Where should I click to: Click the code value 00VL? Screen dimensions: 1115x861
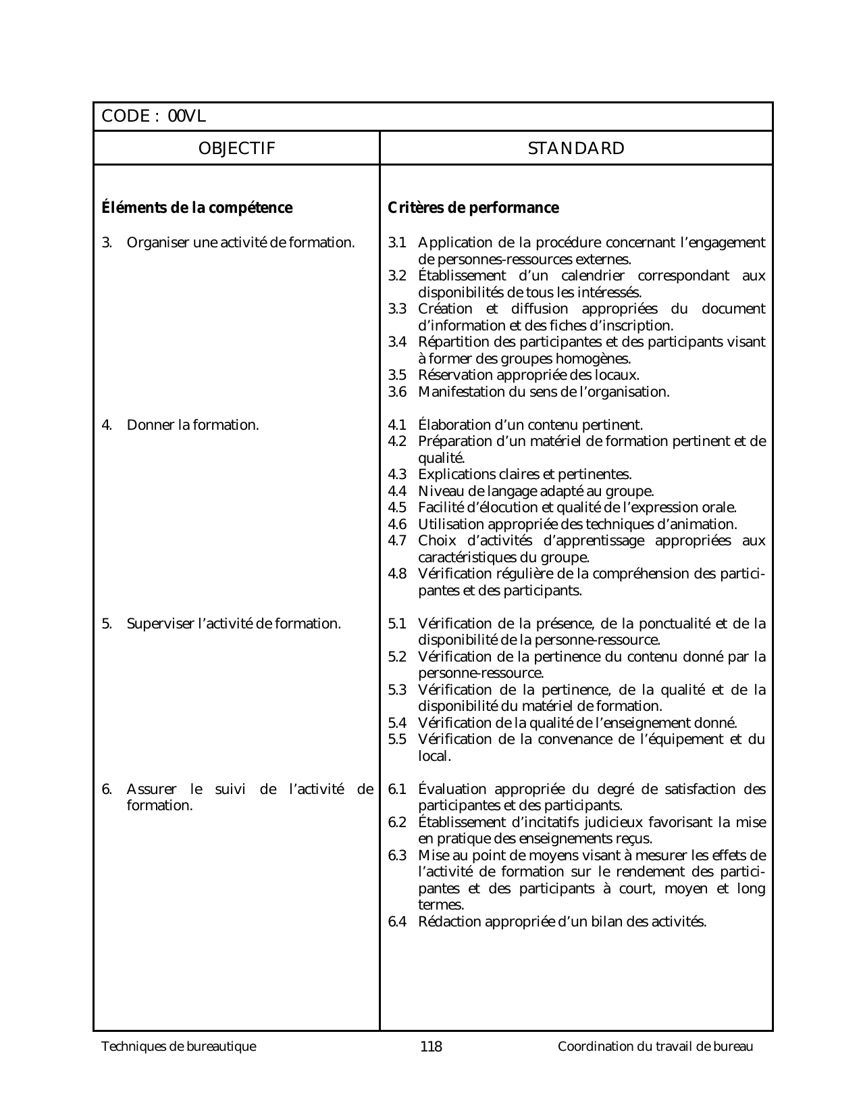[x=186, y=117]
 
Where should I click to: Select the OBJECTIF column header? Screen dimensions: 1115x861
[x=237, y=149]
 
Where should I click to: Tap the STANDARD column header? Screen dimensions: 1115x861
[x=576, y=149]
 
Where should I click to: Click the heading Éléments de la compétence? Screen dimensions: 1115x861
[x=197, y=208]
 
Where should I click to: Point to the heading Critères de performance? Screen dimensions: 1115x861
[x=473, y=208]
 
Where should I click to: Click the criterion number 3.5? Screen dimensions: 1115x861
[x=397, y=375]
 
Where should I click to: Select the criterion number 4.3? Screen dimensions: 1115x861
[x=397, y=474]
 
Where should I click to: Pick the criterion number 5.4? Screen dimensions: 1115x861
[x=397, y=723]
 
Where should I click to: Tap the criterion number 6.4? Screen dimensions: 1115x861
[x=397, y=922]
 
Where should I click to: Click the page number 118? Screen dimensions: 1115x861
[x=431, y=1047]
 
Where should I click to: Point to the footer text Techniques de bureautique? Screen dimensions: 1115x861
[x=179, y=1047]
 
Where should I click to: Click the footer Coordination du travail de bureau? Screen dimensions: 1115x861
[x=655, y=1047]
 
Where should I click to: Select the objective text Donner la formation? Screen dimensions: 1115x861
[x=193, y=425]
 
